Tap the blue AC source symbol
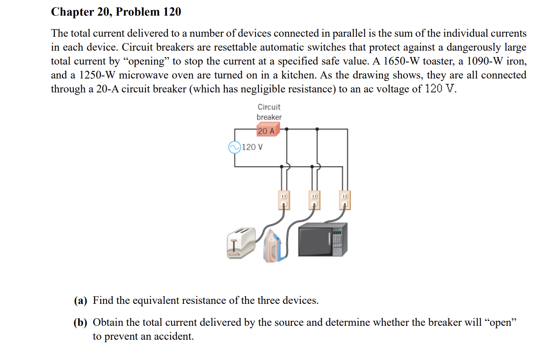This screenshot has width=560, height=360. click(x=234, y=147)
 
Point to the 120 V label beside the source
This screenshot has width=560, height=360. click(x=253, y=147)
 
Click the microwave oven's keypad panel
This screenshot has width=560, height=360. click(x=337, y=241)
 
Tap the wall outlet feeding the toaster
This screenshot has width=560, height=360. click(x=284, y=200)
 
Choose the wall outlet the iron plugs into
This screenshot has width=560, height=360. click(x=314, y=200)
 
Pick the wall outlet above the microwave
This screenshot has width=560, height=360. click(x=345, y=200)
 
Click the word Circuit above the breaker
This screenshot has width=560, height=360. click(x=269, y=107)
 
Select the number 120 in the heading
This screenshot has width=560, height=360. click(x=172, y=12)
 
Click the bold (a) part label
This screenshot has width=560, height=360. click(x=81, y=300)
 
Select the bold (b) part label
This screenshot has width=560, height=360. click(x=81, y=323)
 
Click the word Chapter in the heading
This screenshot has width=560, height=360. click(x=69, y=12)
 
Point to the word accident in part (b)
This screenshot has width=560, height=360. click(x=171, y=336)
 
